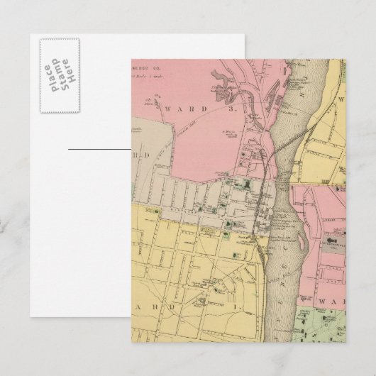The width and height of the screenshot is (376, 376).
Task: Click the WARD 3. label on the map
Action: [x=190, y=109]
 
